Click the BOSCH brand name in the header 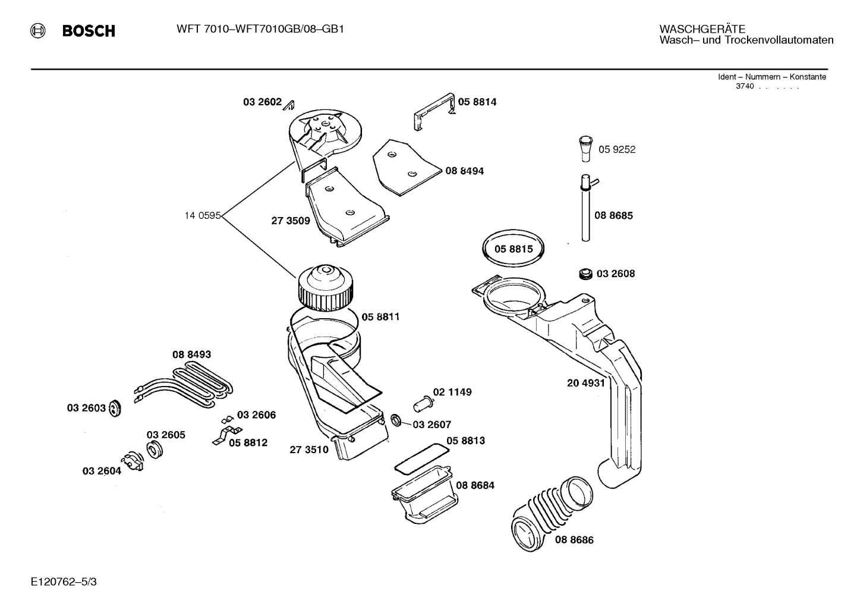[x=89, y=31]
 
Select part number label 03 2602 [x=261, y=102]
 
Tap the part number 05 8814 [x=477, y=102]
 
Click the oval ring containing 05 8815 [x=513, y=249]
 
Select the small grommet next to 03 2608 [x=585, y=274]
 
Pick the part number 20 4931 [x=585, y=384]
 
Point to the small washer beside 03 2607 [x=396, y=421]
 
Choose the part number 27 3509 [x=291, y=221]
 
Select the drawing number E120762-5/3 [x=64, y=582]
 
